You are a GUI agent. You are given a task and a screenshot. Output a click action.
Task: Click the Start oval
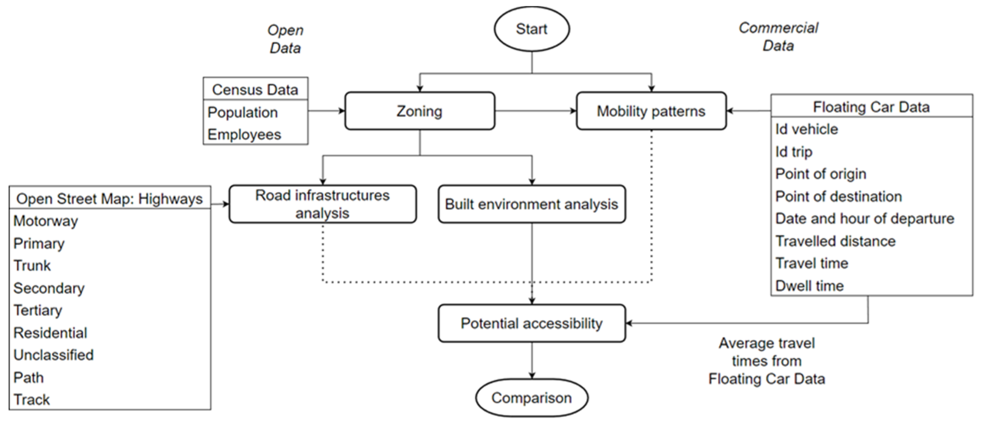[x=531, y=29]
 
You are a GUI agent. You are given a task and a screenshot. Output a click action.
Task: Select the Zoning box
[x=419, y=111]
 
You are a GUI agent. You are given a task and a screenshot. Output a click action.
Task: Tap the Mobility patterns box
[x=651, y=111]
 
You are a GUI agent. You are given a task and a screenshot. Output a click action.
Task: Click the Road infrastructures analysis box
[x=322, y=204]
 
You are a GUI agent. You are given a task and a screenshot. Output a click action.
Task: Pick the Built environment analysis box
[x=531, y=204]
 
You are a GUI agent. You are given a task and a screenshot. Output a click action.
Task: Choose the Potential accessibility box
[x=531, y=323]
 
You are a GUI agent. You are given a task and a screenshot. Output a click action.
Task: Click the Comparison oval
[x=531, y=398]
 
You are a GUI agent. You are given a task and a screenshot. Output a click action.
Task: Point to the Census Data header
[x=255, y=89]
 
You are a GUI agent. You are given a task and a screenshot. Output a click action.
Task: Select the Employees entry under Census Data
[x=244, y=135]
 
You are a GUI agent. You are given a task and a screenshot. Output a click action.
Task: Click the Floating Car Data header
[x=871, y=107]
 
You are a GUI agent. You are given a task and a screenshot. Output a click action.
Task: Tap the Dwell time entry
[x=809, y=286]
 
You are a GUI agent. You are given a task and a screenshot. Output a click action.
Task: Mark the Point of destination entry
[x=838, y=197]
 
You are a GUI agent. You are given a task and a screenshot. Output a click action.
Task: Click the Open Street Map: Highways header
[x=109, y=199]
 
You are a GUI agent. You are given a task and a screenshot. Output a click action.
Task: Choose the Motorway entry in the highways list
[x=46, y=221]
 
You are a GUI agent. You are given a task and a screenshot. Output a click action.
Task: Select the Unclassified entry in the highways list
[x=53, y=355]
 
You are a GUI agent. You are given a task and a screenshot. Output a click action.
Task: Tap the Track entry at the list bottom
[x=32, y=400]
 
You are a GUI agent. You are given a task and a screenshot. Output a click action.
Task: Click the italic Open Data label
[x=285, y=39]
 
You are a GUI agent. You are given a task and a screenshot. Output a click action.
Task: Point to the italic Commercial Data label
[x=778, y=37]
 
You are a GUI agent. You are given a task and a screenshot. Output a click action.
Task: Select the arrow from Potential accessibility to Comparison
[x=532, y=360]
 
